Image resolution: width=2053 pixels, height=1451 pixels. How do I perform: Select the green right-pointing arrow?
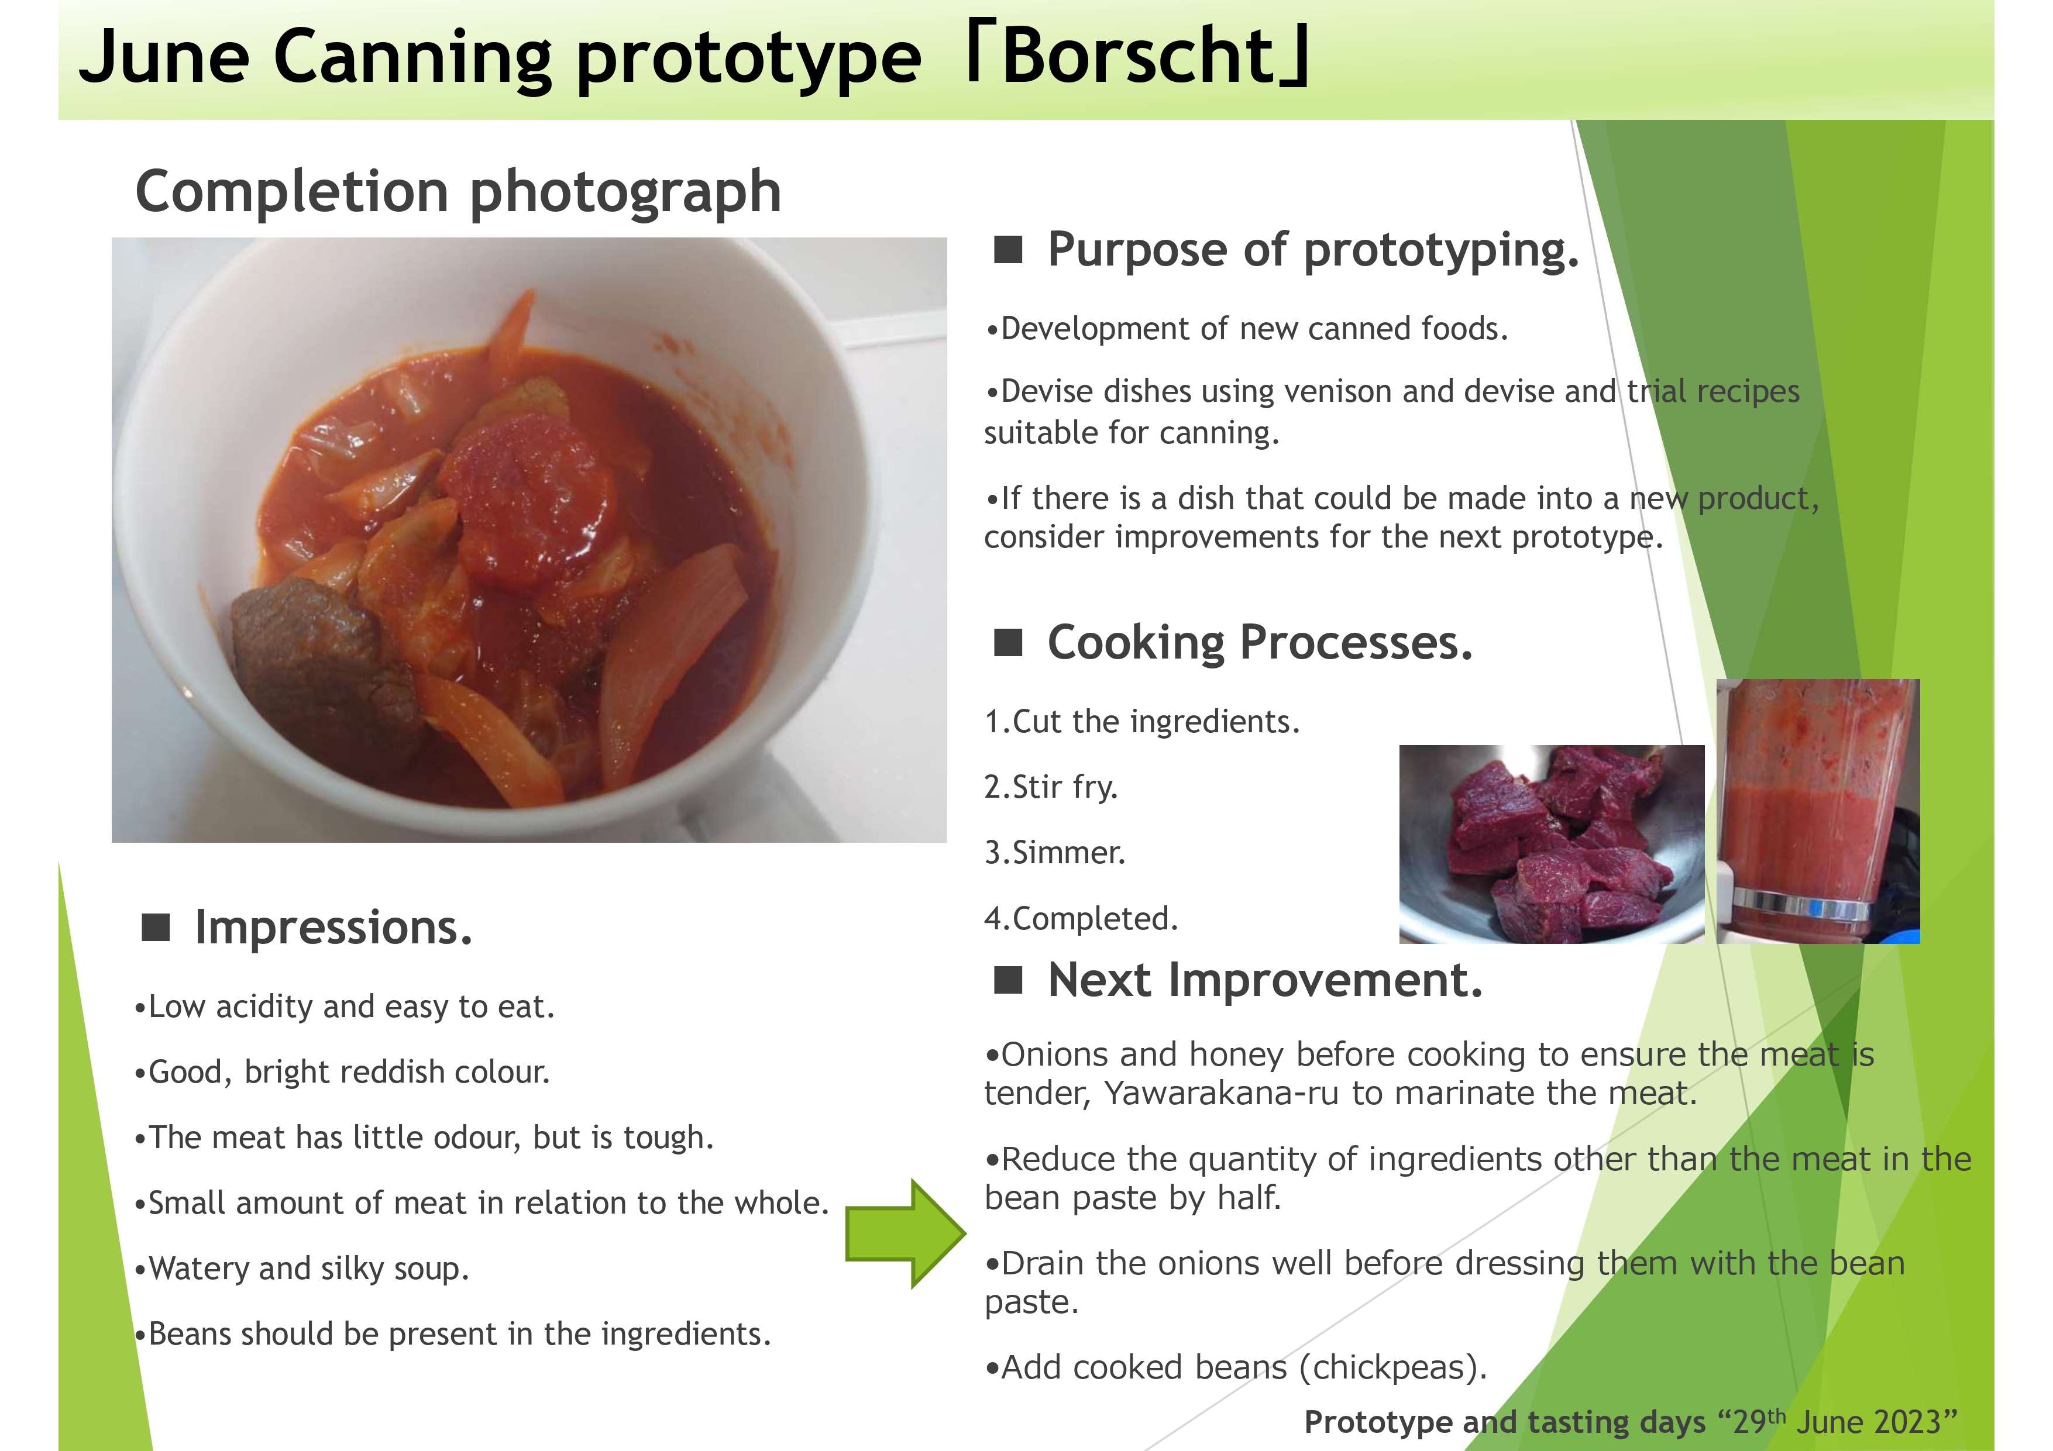click(906, 1234)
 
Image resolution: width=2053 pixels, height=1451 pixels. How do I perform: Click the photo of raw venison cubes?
click(1552, 844)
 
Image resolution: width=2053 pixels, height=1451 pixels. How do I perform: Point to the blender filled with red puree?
click(1818, 811)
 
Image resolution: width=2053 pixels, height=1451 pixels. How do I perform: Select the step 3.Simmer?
click(1055, 853)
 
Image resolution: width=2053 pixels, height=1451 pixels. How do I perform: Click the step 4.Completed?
click(1081, 918)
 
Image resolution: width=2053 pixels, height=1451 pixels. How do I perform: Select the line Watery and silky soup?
click(302, 1269)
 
